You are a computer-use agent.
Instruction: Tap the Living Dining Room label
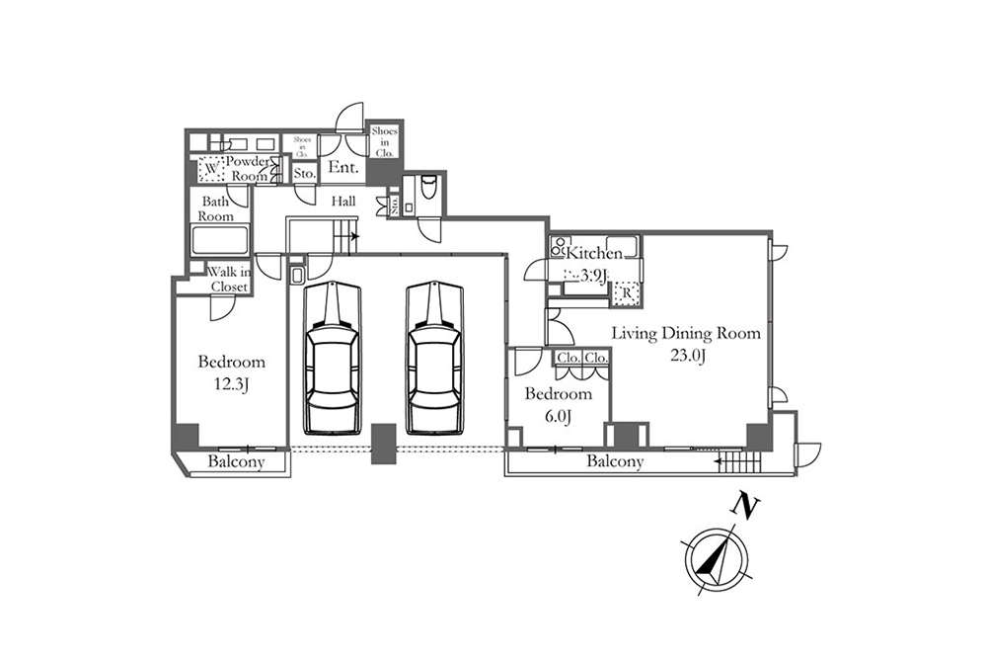click(686, 333)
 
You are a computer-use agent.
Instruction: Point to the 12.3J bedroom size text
click(231, 384)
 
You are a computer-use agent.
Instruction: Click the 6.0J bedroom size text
click(558, 417)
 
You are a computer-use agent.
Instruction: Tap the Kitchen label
click(593, 253)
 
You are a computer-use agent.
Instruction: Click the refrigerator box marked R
click(626, 292)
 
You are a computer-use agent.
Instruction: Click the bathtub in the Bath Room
click(220, 241)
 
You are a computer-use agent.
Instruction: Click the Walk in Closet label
click(228, 279)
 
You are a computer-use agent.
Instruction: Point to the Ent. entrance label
click(342, 168)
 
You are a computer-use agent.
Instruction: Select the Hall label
click(342, 201)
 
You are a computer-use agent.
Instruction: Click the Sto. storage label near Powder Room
click(304, 174)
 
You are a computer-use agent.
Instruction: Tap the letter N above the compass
click(748, 508)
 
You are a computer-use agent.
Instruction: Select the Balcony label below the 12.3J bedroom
click(236, 462)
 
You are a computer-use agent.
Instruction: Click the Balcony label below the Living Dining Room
click(615, 461)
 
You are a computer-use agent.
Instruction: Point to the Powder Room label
click(247, 168)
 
